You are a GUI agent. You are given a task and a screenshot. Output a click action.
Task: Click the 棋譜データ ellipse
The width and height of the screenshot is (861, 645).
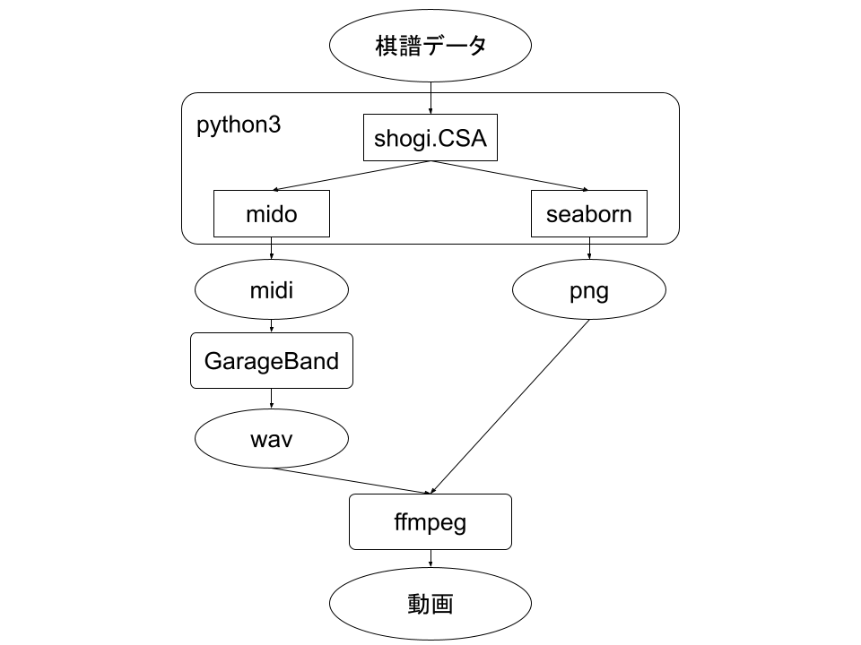[x=430, y=46]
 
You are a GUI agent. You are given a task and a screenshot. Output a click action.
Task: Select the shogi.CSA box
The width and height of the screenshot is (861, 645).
[x=430, y=138]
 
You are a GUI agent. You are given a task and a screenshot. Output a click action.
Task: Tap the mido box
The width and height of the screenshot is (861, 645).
[x=271, y=214]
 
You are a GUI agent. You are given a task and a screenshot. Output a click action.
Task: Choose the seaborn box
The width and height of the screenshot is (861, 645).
[x=588, y=214]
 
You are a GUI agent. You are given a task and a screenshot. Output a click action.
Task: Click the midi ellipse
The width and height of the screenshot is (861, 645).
[x=271, y=290]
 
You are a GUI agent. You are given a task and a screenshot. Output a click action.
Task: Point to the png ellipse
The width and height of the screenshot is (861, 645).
[x=588, y=290]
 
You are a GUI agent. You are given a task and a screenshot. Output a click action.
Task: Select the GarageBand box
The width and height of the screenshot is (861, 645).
[x=271, y=361]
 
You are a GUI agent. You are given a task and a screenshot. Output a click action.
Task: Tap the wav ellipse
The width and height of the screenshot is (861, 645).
[x=271, y=439]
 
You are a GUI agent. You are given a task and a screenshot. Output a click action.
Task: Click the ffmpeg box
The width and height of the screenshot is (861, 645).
[x=430, y=521]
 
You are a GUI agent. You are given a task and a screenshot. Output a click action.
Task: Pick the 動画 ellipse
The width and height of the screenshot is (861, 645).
[x=430, y=604]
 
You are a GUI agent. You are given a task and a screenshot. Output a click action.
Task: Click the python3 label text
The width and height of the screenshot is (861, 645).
[x=239, y=125]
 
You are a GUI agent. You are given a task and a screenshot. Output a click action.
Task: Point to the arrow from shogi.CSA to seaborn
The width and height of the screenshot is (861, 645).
[x=511, y=176]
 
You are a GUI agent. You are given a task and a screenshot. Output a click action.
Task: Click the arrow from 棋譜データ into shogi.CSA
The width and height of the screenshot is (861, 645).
[x=431, y=103]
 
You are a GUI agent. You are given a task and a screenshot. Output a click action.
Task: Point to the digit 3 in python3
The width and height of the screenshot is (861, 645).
[x=275, y=125]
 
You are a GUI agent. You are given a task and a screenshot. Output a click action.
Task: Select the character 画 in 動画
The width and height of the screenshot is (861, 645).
[x=442, y=604]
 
